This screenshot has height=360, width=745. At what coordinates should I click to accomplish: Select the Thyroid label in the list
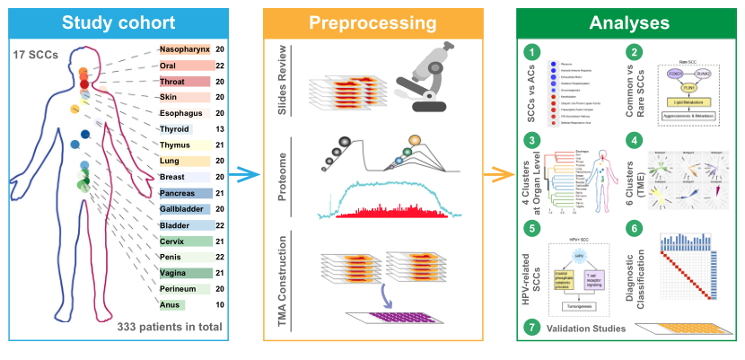(x=175, y=129)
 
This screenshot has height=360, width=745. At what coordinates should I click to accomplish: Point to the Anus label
(x=172, y=305)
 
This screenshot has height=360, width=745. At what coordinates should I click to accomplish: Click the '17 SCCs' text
(x=37, y=56)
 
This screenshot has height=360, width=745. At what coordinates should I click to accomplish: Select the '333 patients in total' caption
(x=169, y=327)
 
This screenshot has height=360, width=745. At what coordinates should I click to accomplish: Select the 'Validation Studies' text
(x=587, y=328)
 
